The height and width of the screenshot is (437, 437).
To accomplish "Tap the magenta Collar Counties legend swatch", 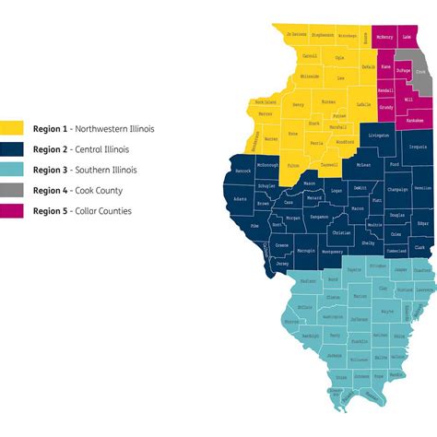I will click(12, 211).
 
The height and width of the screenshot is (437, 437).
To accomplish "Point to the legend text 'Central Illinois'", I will click(107, 148).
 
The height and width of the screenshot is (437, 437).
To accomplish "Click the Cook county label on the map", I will click(421, 72).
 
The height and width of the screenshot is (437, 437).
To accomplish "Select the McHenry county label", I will click(384, 37).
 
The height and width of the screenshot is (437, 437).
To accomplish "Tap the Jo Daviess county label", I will click(296, 34).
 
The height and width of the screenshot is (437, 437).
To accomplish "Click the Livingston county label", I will click(378, 136).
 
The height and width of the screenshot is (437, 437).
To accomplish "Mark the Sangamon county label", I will click(319, 217).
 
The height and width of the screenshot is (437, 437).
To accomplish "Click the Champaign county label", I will click(397, 189).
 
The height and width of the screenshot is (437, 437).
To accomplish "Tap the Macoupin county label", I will click(306, 250).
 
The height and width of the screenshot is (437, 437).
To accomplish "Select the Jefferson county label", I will click(360, 292).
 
